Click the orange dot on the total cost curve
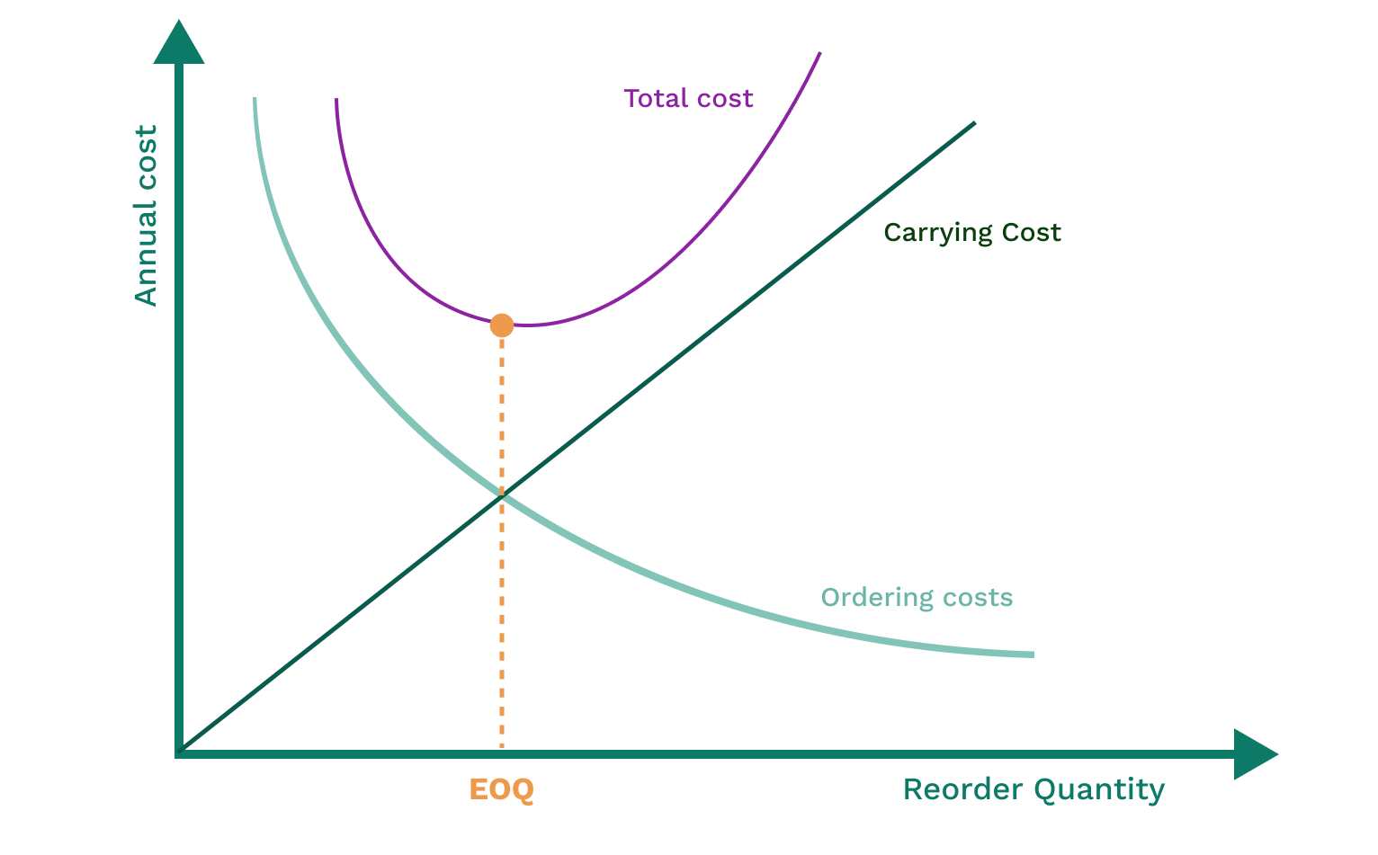(502, 325)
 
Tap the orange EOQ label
(501, 789)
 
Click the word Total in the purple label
(654, 98)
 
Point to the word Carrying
(935, 234)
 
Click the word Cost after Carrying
(1030, 232)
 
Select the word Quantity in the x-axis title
(1099, 790)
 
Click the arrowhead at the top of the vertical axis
(179, 44)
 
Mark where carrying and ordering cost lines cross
(502, 494)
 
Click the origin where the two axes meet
(180, 753)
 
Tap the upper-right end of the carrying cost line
(974, 122)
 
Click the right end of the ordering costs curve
(1033, 655)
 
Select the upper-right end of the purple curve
(820, 53)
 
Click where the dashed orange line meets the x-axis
(502, 752)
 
